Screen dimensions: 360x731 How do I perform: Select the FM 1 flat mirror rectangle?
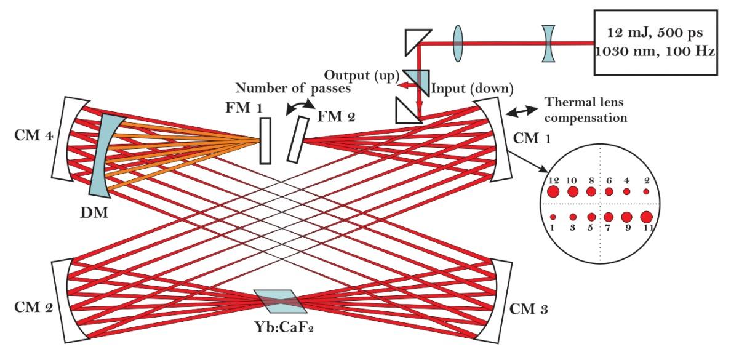point(265,141)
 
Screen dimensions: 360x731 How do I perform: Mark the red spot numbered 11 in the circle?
point(646,217)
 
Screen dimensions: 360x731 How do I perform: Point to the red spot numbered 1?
point(553,217)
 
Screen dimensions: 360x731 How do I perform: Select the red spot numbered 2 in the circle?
point(646,192)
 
